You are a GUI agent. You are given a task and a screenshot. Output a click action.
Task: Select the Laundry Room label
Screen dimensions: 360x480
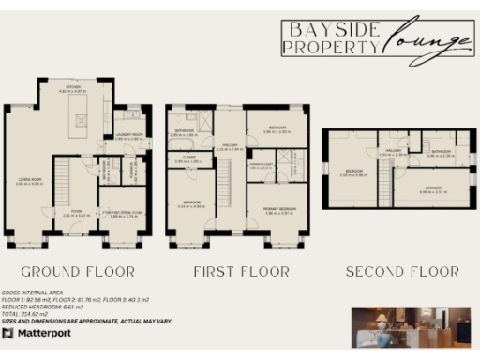130,135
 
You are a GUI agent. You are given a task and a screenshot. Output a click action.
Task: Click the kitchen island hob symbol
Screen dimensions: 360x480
81,120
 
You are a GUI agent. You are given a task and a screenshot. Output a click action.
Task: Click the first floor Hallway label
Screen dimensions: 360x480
229,146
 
